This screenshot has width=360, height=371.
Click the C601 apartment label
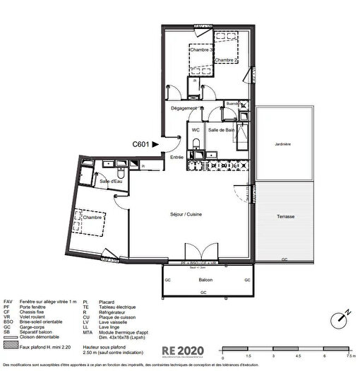coord(141,143)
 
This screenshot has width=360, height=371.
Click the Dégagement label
coord(184,108)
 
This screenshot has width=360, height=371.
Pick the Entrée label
coord(176,158)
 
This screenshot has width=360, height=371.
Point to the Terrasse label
coord(285,216)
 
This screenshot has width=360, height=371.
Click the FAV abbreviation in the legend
coord(8,302)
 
